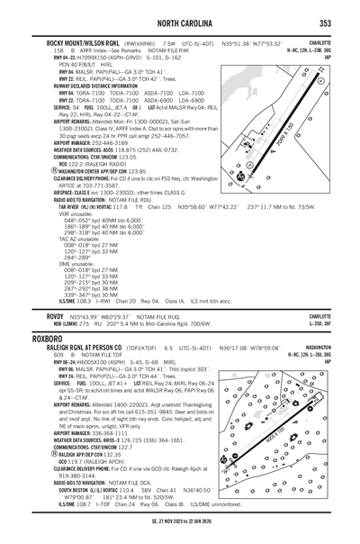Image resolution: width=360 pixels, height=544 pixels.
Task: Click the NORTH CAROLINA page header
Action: [x=180, y=23]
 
